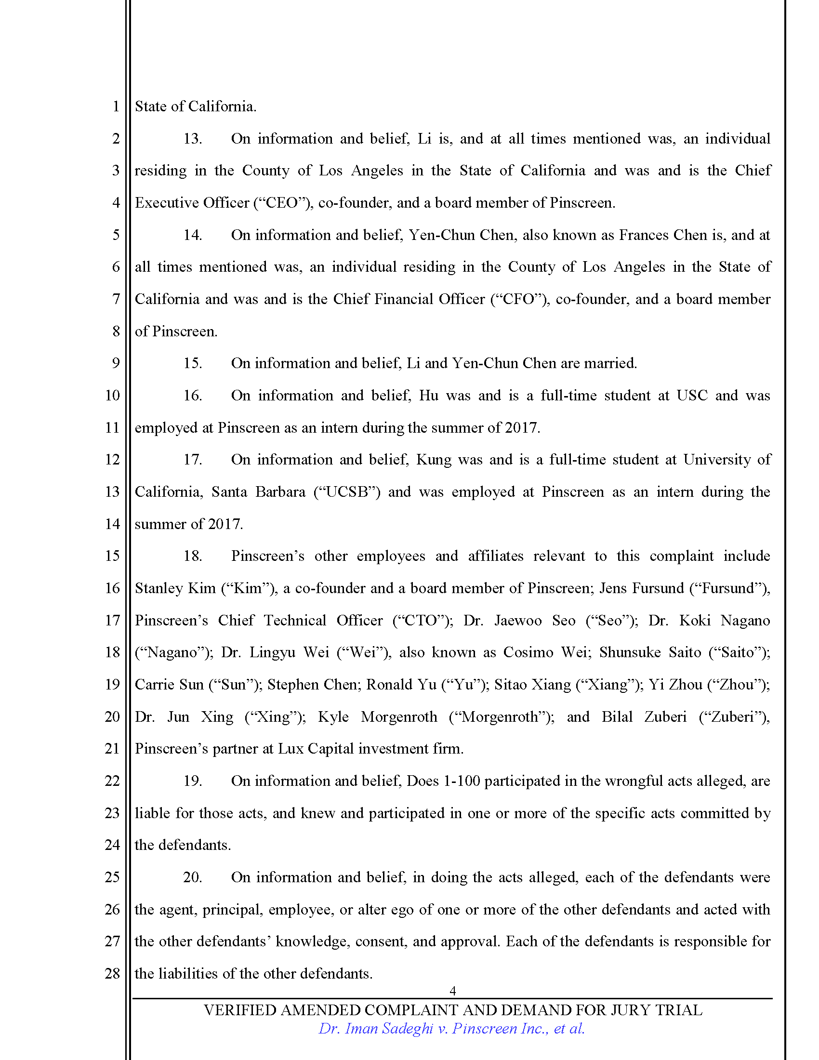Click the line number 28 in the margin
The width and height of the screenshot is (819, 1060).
click(112, 973)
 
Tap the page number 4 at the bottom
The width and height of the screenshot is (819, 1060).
click(452, 991)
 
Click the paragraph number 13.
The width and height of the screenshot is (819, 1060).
click(192, 139)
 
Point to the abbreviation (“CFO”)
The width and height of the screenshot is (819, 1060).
click(520, 299)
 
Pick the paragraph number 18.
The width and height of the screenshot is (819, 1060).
click(192, 556)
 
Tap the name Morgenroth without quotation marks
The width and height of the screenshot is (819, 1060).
click(399, 717)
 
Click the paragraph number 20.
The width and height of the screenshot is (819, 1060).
click(192, 877)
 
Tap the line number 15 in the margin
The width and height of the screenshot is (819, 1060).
click(112, 556)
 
